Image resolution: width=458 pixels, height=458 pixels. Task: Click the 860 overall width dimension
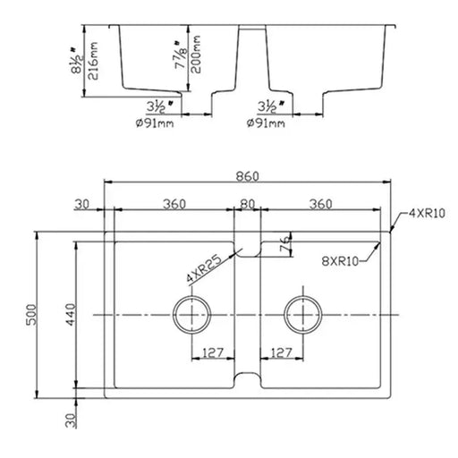click(x=247, y=176)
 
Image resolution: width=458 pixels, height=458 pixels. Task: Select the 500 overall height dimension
click(x=31, y=315)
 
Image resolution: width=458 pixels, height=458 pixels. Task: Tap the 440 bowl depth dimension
click(x=71, y=315)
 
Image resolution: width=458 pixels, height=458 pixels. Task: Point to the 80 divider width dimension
click(x=247, y=204)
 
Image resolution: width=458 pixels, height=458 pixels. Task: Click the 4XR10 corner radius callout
click(x=427, y=213)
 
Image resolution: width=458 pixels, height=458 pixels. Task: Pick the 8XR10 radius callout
click(x=340, y=261)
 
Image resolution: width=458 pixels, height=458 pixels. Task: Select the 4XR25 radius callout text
click(x=204, y=268)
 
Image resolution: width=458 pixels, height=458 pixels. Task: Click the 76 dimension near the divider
click(x=285, y=244)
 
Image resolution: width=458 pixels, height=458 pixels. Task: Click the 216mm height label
click(x=93, y=61)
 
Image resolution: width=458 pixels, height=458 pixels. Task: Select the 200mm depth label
click(x=196, y=55)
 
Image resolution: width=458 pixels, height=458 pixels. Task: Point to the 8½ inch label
click(x=76, y=60)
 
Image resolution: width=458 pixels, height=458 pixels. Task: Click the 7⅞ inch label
click(x=181, y=55)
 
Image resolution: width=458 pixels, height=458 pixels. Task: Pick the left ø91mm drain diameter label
click(x=155, y=123)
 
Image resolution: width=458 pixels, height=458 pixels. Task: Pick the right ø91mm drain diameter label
click(x=266, y=123)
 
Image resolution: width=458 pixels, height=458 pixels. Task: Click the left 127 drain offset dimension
click(x=213, y=352)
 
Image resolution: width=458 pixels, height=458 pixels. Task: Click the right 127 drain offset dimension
click(x=281, y=352)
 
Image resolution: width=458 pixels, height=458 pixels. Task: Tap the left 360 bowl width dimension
click(x=174, y=204)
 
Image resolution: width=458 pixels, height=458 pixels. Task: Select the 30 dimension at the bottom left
click(x=71, y=420)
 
